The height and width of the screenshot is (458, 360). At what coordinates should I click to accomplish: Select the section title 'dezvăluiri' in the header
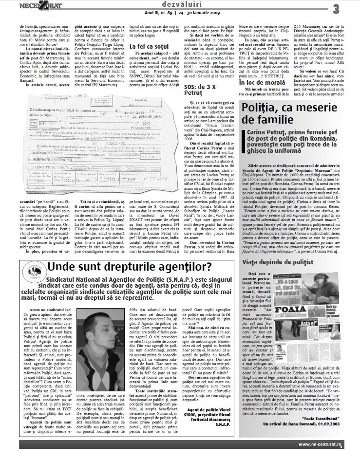180,4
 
